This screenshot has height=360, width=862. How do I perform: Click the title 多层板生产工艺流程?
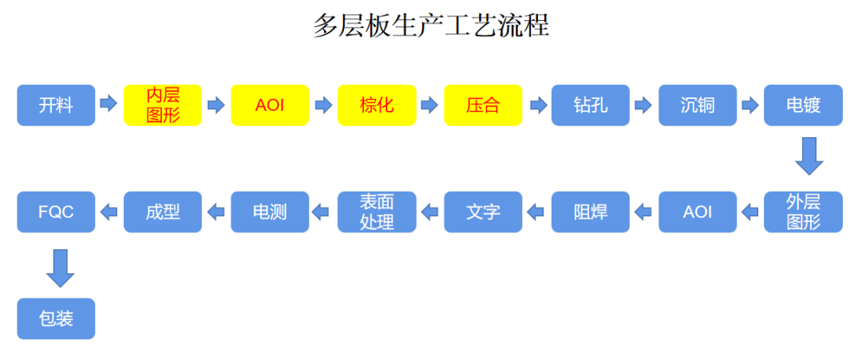(x=430, y=26)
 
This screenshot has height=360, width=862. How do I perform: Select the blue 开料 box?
(x=56, y=105)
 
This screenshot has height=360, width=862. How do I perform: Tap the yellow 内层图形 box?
(x=163, y=105)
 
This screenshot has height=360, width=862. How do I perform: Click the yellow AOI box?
(x=270, y=105)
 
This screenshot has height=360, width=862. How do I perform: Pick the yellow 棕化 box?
(x=377, y=105)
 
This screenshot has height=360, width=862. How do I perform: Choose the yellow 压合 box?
(x=483, y=105)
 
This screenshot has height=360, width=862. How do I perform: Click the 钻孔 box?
(x=591, y=105)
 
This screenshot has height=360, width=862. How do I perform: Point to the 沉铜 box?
(x=698, y=105)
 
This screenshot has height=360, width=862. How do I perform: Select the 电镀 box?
(x=803, y=105)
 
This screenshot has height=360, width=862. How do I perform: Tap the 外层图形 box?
(x=803, y=212)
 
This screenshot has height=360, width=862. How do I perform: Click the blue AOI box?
(x=698, y=212)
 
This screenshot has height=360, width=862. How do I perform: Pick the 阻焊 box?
(x=591, y=212)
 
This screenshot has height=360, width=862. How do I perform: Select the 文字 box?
(x=483, y=212)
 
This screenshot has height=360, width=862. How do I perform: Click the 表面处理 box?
(x=377, y=212)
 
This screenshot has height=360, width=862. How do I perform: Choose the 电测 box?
(x=270, y=212)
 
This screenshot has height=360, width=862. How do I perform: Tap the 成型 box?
(x=163, y=212)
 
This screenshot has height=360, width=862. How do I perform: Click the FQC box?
(x=56, y=212)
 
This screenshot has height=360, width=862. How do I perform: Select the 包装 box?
(x=56, y=318)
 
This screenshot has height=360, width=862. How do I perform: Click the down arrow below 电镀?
(x=809, y=156)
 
